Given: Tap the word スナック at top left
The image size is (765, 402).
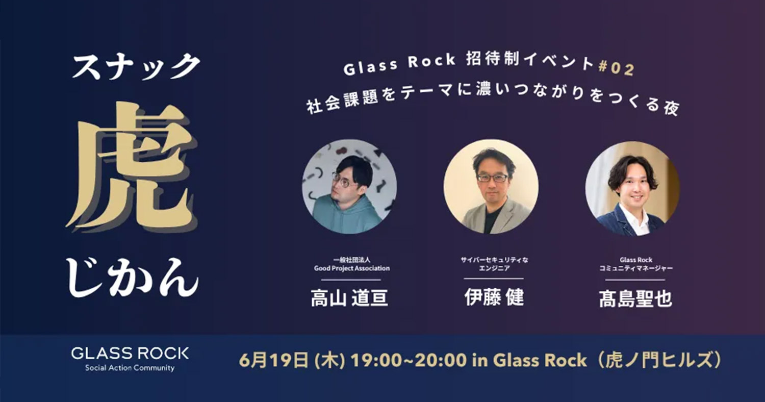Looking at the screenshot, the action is pyautogui.click(x=136, y=67).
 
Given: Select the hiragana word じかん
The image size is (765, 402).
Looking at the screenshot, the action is pyautogui.click(x=132, y=278).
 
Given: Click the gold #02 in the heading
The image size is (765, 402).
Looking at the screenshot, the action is pyautogui.click(x=617, y=68).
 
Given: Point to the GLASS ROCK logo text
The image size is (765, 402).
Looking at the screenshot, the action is pyautogui.click(x=130, y=353).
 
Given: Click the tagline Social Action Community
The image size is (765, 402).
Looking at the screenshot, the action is pyautogui.click(x=130, y=368).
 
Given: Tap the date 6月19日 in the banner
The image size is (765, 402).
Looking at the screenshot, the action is pyautogui.click(x=274, y=361).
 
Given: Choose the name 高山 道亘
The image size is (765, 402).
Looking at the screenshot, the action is pyautogui.click(x=349, y=298).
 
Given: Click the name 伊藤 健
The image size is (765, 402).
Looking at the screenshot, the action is pyautogui.click(x=494, y=297).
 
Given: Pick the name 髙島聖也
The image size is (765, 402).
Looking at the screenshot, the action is pyautogui.click(x=635, y=299).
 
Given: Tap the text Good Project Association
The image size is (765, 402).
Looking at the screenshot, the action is pyautogui.click(x=352, y=268).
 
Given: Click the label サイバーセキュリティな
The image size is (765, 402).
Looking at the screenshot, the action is pyautogui.click(x=494, y=260).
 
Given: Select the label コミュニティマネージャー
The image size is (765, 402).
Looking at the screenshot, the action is pyautogui.click(x=636, y=268).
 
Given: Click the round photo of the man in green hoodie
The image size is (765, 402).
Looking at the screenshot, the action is pyautogui.click(x=349, y=187).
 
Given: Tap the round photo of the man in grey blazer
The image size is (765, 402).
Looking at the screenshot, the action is pyautogui.click(x=491, y=187).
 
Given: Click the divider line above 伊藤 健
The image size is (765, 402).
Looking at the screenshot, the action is pyautogui.click(x=494, y=279).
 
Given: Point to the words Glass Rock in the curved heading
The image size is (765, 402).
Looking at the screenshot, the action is pyautogui.click(x=399, y=64).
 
